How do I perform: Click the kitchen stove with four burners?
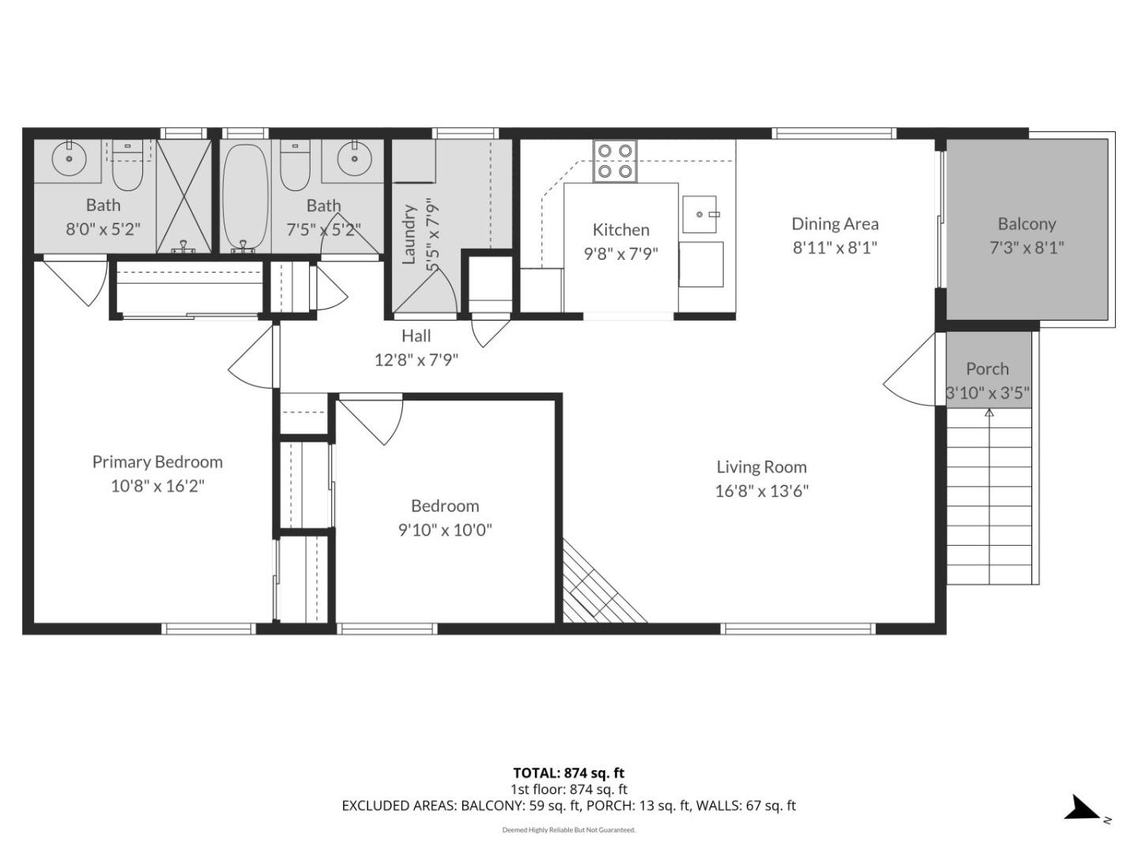tap(615, 160)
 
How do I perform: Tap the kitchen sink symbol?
tap(699, 214)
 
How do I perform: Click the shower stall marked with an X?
tap(184, 196)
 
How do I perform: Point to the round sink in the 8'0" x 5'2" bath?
tap(69, 158)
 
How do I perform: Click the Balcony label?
tap(1027, 224)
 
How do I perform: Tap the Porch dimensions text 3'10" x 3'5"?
tap(988, 393)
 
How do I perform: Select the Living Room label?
tap(761, 467)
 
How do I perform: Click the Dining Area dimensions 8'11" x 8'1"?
tap(835, 247)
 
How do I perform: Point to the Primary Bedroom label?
tap(157, 462)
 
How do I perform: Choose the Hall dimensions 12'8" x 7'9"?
tap(416, 360)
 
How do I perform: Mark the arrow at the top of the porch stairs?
tap(989, 413)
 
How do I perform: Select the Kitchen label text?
tap(620, 230)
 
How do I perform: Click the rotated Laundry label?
tap(409, 235)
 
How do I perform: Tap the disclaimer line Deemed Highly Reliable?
tap(568, 830)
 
